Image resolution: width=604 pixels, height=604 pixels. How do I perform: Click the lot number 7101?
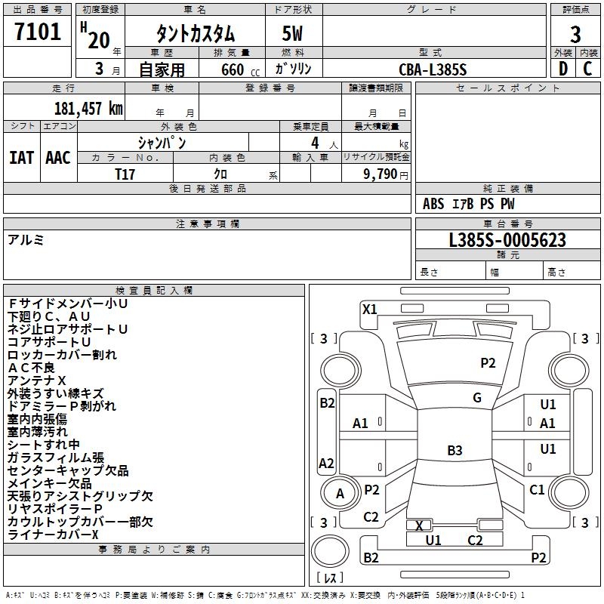click(38, 32)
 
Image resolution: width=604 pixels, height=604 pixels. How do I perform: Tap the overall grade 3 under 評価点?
click(575, 35)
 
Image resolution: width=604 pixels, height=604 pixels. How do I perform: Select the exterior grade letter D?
click(563, 69)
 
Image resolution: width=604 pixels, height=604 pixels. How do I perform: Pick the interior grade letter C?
click(587, 69)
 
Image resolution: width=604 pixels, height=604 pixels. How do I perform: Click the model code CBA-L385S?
click(433, 69)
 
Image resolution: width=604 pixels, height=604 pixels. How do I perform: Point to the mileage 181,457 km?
click(88, 108)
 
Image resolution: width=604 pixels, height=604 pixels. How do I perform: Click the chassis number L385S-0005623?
click(507, 240)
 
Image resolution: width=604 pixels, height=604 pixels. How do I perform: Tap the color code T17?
click(125, 174)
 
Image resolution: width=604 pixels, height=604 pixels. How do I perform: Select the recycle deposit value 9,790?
click(381, 174)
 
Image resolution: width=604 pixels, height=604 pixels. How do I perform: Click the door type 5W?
click(292, 33)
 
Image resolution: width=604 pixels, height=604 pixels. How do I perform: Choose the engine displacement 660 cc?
click(240, 69)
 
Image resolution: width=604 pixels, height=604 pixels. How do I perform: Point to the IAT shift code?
click(21, 158)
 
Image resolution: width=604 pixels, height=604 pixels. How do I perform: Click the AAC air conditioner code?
click(58, 158)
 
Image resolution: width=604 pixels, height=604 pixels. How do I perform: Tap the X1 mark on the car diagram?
click(369, 310)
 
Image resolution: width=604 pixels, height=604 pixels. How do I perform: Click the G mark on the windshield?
click(477, 398)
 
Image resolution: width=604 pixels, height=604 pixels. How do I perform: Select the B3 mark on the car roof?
click(455, 450)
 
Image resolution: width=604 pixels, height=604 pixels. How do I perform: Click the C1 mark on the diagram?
click(537, 490)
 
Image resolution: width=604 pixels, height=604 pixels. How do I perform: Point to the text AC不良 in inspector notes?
click(31, 368)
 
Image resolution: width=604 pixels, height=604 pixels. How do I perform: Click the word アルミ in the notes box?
click(26, 240)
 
